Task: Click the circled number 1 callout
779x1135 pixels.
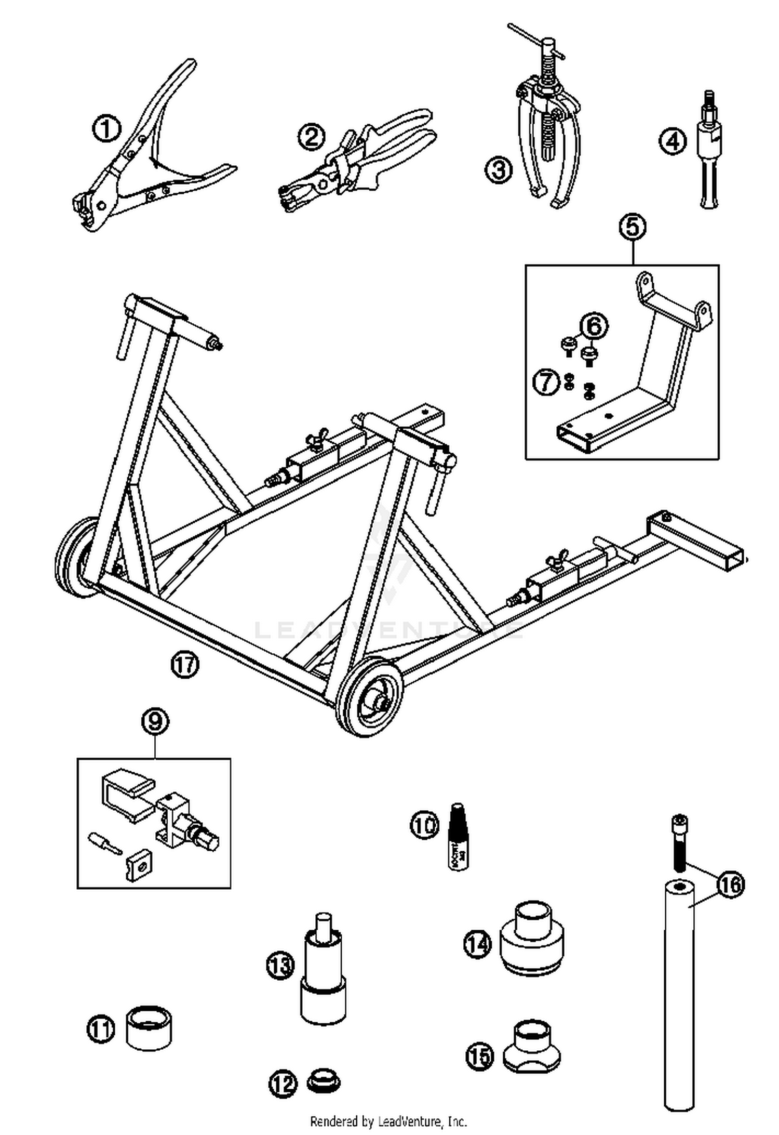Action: pyautogui.click(x=106, y=129)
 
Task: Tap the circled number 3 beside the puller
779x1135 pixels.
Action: pyautogui.click(x=499, y=170)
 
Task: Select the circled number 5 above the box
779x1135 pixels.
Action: pyautogui.click(x=633, y=228)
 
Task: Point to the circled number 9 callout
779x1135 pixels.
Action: pyautogui.click(x=155, y=722)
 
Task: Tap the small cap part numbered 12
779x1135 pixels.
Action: pyautogui.click(x=323, y=1080)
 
